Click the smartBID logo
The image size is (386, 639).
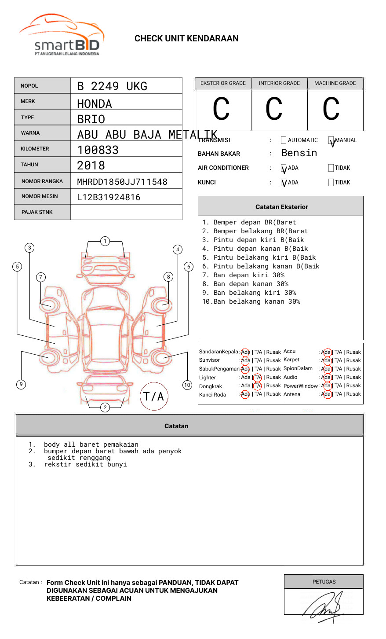[62, 35]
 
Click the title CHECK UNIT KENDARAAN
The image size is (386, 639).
[186, 39]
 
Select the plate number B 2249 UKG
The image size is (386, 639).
[112, 86]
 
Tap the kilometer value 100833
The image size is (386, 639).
[98, 150]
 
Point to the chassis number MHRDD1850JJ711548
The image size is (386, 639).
[122, 182]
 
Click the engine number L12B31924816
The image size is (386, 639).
[109, 197]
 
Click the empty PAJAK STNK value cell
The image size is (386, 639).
[126, 212]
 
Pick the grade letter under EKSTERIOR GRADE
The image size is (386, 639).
[221, 109]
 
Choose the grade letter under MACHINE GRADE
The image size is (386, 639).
[331, 109]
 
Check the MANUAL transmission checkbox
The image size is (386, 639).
[331, 140]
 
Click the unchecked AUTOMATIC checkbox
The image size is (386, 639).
[284, 140]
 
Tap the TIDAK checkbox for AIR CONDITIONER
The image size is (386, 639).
[331, 168]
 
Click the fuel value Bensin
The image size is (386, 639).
[299, 153]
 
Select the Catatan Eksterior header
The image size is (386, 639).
[281, 207]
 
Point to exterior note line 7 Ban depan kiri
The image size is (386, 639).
[243, 275]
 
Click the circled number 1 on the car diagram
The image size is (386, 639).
[105, 241]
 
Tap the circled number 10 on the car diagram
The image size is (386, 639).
[187, 385]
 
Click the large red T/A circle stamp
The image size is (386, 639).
[154, 396]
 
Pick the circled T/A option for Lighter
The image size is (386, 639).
[258, 377]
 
